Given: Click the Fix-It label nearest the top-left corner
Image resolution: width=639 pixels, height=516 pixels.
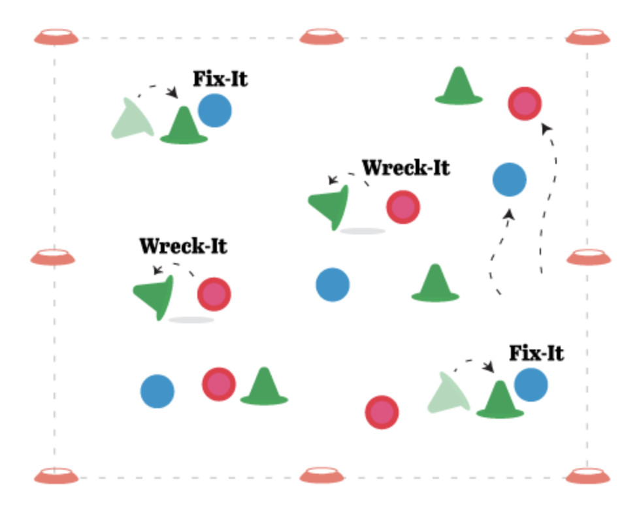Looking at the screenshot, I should (220, 80).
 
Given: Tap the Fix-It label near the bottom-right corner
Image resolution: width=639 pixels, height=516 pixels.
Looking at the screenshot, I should (536, 353).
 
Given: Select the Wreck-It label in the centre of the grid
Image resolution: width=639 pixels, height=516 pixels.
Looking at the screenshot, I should (406, 168).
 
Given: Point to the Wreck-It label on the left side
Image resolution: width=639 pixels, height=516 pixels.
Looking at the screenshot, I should (183, 246).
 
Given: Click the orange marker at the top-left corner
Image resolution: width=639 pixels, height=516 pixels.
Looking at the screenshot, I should (57, 37).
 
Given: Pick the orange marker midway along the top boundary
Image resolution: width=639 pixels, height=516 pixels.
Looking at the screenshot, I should (322, 37).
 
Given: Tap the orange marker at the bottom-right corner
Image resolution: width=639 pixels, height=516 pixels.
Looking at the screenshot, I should (587, 476).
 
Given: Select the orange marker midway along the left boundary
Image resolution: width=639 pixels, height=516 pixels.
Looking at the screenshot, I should (53, 257).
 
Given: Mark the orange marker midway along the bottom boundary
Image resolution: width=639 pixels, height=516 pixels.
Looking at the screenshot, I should (322, 476).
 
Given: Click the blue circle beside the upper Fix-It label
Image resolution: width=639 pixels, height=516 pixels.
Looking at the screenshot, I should (214, 110).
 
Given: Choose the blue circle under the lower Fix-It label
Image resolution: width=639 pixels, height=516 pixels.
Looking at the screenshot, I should (531, 385).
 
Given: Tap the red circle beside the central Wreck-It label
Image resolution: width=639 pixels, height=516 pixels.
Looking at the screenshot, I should (402, 207).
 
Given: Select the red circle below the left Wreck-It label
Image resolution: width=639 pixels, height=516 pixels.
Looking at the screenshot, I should (214, 294).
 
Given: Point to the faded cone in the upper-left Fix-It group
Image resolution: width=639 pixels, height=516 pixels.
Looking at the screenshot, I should (133, 120).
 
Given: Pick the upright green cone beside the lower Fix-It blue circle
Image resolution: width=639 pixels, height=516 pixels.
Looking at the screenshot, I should (500, 400).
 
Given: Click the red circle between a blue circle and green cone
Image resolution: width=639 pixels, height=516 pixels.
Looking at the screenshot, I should (218, 383).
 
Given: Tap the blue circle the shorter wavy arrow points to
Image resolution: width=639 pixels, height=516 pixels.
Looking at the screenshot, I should (509, 180).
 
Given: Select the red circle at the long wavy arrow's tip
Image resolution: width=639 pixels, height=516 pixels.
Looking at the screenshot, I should (525, 104).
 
